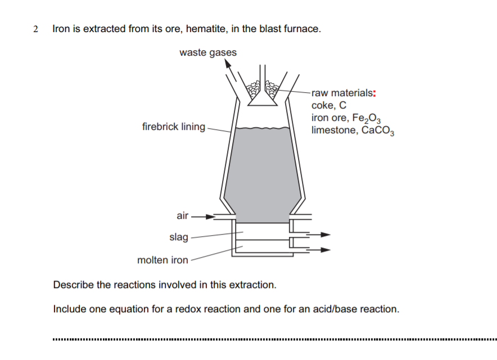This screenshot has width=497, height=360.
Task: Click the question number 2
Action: pyautogui.click(x=35, y=29)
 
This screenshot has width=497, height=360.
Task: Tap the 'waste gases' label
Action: pyautogui.click(x=208, y=53)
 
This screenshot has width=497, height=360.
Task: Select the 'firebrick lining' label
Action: pyautogui.click(x=174, y=127)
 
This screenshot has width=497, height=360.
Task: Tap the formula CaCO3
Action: pyautogui.click(x=378, y=131)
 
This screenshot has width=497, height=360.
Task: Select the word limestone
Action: pyautogui.click(x=333, y=130)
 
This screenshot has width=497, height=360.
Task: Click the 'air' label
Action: pyautogui.click(x=183, y=215)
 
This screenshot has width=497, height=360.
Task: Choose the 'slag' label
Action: pyautogui.click(x=179, y=237)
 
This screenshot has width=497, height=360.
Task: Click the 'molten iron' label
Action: pyautogui.click(x=163, y=260)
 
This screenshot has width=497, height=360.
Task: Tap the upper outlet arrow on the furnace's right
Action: pyautogui.click(x=325, y=235)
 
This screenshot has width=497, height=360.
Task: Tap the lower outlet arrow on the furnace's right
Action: pyautogui.click(x=325, y=250)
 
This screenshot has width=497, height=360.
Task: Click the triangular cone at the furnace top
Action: pyautogui.click(x=263, y=99)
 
